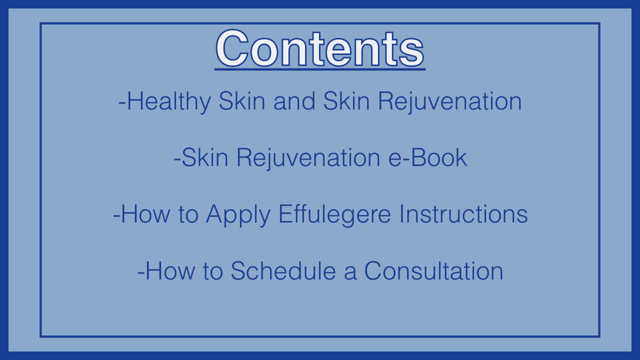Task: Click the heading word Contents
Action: [x=320, y=48]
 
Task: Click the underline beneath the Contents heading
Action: [x=320, y=69]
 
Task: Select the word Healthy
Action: [x=168, y=101]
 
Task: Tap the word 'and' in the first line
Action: [x=294, y=101]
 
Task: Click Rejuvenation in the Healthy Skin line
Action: [x=450, y=101]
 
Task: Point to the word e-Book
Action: [x=427, y=157]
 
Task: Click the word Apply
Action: [x=238, y=215]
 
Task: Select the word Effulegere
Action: [x=334, y=215]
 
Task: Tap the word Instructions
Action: [x=463, y=214]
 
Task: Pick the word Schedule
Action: [x=283, y=270]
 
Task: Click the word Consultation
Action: [x=433, y=270]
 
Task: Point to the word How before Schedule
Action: [x=170, y=270]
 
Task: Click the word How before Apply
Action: [x=145, y=214]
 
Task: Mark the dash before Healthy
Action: [x=122, y=102]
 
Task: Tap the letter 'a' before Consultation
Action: [x=350, y=273]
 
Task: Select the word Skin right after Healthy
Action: [x=242, y=101]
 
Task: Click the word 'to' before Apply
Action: [x=188, y=215]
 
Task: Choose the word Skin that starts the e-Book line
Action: [x=205, y=157]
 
